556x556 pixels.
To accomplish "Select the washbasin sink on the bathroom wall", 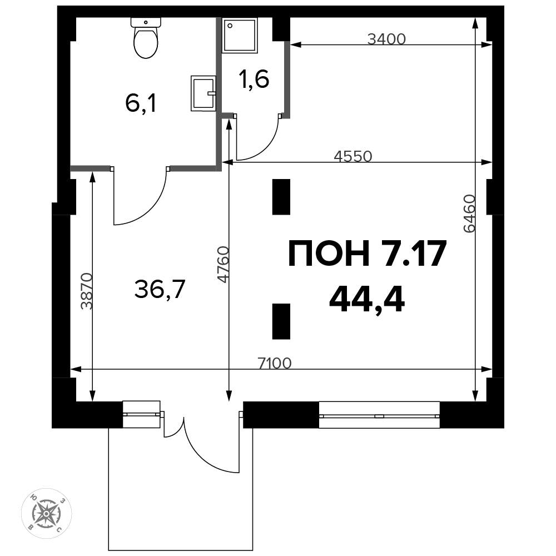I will coord(203,93).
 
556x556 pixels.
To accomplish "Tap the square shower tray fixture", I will coord(241,36).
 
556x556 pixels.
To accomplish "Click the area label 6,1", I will coord(141,103).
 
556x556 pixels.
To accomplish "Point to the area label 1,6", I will coord(254,80).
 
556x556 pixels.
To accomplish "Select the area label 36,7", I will coord(160,289).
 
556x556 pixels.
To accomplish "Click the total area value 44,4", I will coord(366,301).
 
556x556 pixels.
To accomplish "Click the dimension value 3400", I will coord(387,39).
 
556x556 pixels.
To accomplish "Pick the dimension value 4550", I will coord(352,156).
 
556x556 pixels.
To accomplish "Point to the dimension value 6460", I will coord(469,214).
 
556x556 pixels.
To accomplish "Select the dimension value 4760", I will coord(223,265).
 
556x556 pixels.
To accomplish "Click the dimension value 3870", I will coord(86,291).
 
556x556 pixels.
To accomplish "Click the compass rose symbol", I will coord(47,513).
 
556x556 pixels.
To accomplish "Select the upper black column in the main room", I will coord(281,197).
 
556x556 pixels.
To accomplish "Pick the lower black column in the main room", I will coord(281,321).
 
